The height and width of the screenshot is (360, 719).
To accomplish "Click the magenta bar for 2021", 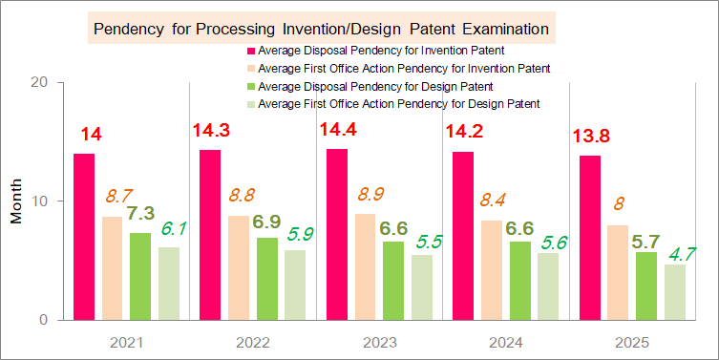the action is [84, 237].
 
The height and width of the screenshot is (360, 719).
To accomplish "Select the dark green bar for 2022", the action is [266, 279].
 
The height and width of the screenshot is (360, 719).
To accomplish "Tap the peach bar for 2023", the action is [365, 267].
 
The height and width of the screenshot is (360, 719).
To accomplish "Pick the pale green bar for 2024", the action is [548, 286].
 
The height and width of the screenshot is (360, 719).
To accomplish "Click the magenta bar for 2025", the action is [590, 238].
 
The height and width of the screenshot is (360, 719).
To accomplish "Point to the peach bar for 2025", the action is [618, 272].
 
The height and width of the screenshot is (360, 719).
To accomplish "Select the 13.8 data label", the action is [591, 137].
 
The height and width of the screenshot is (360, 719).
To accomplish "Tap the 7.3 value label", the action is [140, 213].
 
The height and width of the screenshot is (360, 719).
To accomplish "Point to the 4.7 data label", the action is [683, 254].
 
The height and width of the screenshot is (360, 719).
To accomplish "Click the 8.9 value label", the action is [370, 195].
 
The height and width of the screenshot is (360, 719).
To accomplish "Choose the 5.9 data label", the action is [300, 235].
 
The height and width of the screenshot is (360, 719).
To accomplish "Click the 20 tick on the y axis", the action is [38, 82].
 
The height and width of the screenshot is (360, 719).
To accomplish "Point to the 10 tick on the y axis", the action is [39, 201].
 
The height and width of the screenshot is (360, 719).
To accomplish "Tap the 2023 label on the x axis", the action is [379, 343].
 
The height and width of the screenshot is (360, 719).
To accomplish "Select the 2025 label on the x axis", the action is [632, 343].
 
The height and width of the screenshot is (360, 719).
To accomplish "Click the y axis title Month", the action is [16, 201].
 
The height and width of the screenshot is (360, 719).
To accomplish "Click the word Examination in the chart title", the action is [505, 30].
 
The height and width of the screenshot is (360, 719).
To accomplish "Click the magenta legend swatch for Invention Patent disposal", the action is [251, 50].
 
